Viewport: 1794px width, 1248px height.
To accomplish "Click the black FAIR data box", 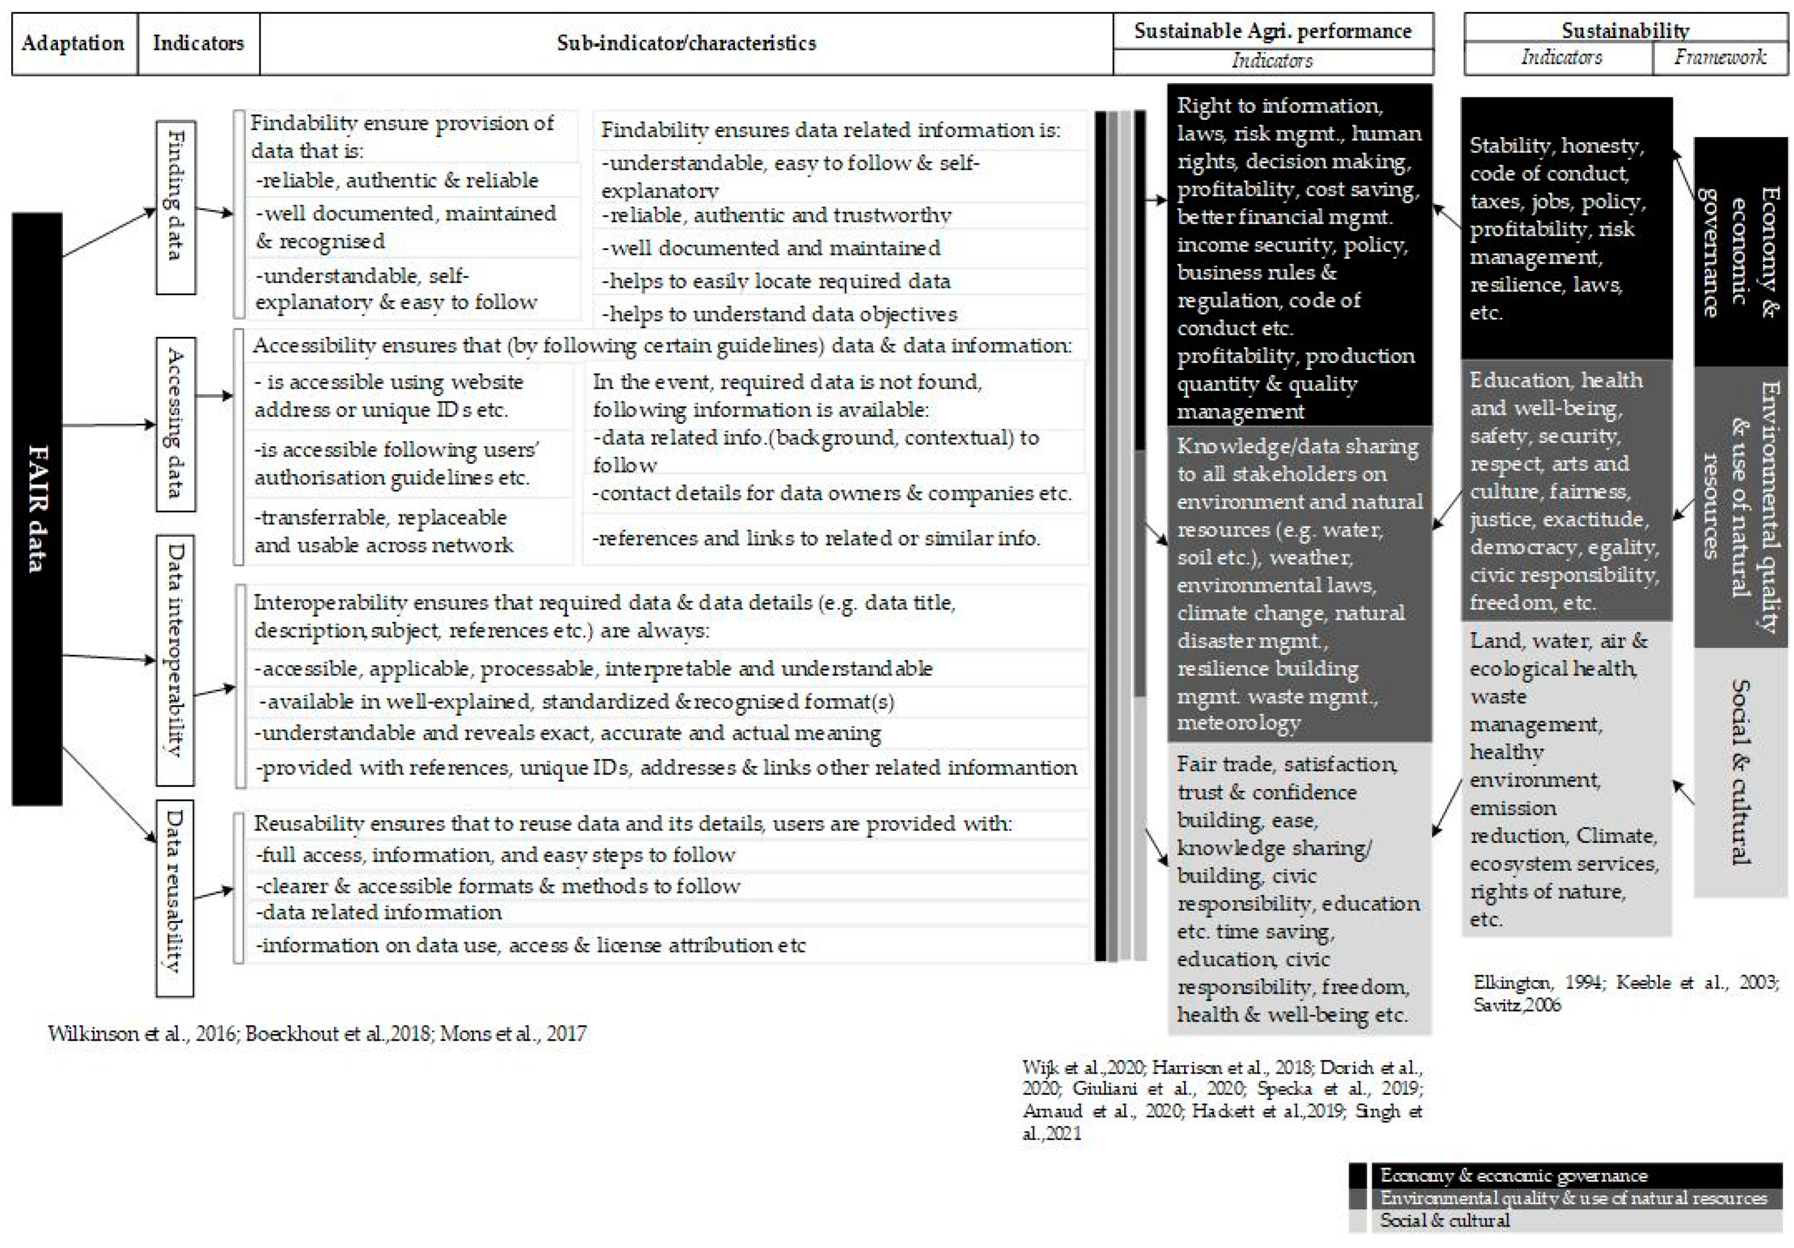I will tap(37, 508).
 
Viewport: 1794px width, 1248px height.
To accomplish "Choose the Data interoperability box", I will tap(175, 660).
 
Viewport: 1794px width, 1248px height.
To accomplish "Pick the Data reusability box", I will tap(175, 897).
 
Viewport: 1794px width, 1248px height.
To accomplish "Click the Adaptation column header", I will tap(73, 43).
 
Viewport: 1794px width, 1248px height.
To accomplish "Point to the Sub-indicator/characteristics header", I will tap(686, 43).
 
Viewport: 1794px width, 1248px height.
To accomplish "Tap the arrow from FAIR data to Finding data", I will tap(110, 232).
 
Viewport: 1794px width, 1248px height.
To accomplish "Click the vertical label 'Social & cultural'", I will tap(1740, 771).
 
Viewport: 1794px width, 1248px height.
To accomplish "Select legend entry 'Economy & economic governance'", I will tap(1513, 1176).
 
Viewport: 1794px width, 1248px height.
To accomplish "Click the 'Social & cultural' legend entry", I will tap(1444, 1220).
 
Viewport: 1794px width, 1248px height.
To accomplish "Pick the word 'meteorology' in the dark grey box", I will tap(1239, 723).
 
